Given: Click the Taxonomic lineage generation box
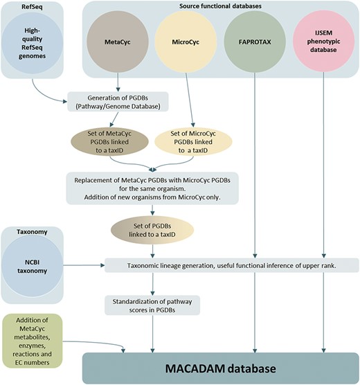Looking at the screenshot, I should pyautogui.click(x=231, y=265).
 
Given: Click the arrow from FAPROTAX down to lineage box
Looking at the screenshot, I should pyautogui.click(x=256, y=166).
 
